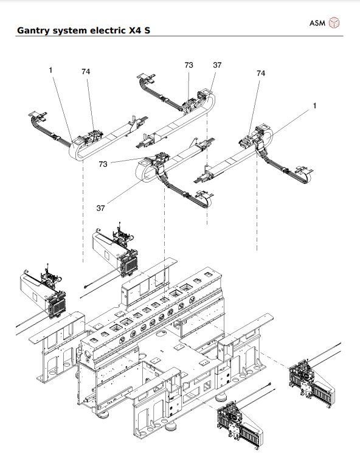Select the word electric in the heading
coord(103,29)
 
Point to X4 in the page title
coord(131,29)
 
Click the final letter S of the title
coord(147,29)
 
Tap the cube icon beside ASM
coord(334,23)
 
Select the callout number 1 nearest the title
coord(51,71)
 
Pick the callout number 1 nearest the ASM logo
coord(315,106)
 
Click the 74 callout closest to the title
coord(86,71)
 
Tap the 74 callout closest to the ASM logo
coord(261,73)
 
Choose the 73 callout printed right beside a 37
coord(189,64)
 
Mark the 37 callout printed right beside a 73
coord(217,64)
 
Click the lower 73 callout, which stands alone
coord(103,164)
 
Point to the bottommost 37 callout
coord(101,207)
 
